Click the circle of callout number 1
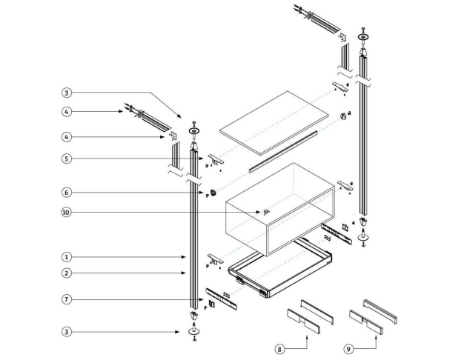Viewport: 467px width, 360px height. click(67, 257)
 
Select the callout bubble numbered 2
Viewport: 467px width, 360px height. click(67, 273)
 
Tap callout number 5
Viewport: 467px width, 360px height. click(67, 158)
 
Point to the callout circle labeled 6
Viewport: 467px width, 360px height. click(67, 193)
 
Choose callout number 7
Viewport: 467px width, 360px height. click(67, 299)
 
